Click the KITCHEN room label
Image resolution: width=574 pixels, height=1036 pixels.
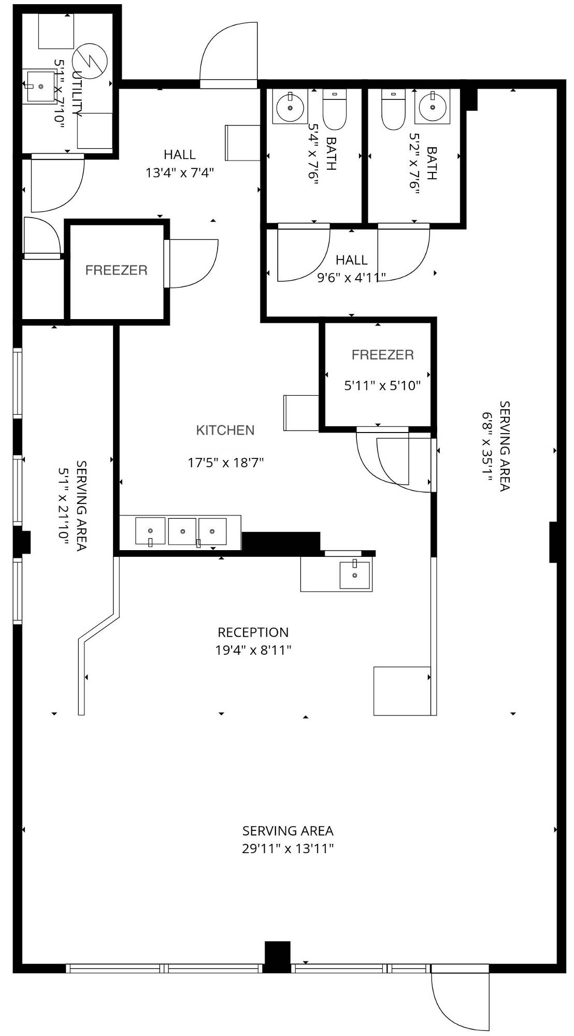point(225,430)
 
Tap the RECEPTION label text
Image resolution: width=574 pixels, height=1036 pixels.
point(253,632)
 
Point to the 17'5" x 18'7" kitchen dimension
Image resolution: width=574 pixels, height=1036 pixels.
point(226,462)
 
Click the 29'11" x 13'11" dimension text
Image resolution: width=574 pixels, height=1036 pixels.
point(288,848)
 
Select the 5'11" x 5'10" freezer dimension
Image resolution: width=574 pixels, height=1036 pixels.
point(382,385)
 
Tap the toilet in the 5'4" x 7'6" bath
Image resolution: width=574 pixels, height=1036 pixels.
point(335,109)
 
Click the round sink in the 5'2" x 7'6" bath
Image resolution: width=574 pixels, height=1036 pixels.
point(430,108)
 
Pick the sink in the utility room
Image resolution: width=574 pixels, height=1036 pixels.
point(40,87)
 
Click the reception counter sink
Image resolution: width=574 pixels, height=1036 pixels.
point(355,575)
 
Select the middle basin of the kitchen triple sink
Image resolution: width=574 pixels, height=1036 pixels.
point(182,531)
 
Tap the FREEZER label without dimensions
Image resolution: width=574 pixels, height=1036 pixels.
point(117,270)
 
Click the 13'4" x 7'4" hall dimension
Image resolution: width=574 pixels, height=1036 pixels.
point(180,172)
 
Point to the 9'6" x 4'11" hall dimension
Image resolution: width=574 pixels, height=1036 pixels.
point(352,278)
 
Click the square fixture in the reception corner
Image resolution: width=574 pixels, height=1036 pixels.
point(402,691)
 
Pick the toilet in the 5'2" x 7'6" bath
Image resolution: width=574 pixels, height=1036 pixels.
point(393,109)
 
